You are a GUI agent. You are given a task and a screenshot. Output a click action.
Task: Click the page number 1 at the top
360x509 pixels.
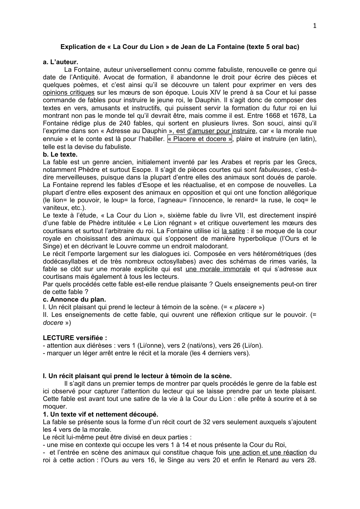pyautogui.click(x=314, y=25)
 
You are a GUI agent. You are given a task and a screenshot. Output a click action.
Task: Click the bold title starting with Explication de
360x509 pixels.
pyautogui.click(x=180, y=47)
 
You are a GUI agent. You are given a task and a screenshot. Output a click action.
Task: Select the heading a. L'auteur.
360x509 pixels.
pyautogui.click(x=60, y=62)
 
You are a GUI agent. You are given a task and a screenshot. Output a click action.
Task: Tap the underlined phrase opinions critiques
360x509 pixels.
pyautogui.click(x=69, y=92)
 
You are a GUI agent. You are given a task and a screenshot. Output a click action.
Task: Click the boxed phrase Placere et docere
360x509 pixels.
pyautogui.click(x=200, y=139)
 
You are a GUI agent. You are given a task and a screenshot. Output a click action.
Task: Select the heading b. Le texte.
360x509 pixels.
pyautogui.click(x=60, y=154)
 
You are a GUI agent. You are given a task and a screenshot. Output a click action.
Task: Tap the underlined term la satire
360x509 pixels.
pyautogui.click(x=233, y=231)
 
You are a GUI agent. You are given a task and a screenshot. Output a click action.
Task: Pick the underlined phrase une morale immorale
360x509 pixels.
pyautogui.click(x=218, y=269)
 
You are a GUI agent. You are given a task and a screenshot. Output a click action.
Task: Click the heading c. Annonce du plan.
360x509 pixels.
pyautogui.click(x=74, y=299)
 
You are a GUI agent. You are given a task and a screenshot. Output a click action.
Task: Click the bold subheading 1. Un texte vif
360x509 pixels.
pyautogui.click(x=100, y=414)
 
